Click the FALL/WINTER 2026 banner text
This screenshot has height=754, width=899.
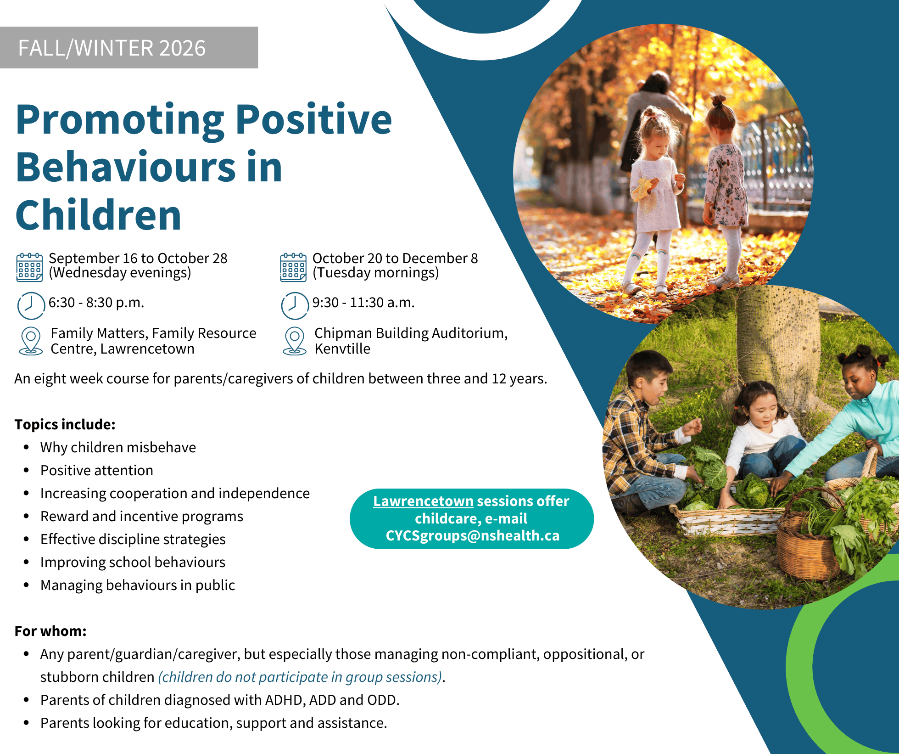[112, 48]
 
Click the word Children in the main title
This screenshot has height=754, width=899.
[99, 215]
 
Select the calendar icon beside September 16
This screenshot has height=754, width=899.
[30, 267]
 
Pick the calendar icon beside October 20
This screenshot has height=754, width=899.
[293, 267]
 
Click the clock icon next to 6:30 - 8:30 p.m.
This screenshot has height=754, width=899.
[31, 305]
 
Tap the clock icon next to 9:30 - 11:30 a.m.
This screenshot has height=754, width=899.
[295, 305]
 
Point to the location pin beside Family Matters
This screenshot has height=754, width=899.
[31, 341]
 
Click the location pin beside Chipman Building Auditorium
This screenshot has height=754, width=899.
[295, 341]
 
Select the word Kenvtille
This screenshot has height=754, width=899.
[342, 349]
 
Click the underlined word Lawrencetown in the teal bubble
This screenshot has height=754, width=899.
[423, 501]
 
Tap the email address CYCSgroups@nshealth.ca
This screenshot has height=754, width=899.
[473, 536]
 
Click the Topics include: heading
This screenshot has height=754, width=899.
[65, 424]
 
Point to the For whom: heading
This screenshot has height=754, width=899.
[50, 631]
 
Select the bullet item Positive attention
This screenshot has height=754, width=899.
[97, 470]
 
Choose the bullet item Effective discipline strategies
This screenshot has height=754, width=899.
[133, 539]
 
